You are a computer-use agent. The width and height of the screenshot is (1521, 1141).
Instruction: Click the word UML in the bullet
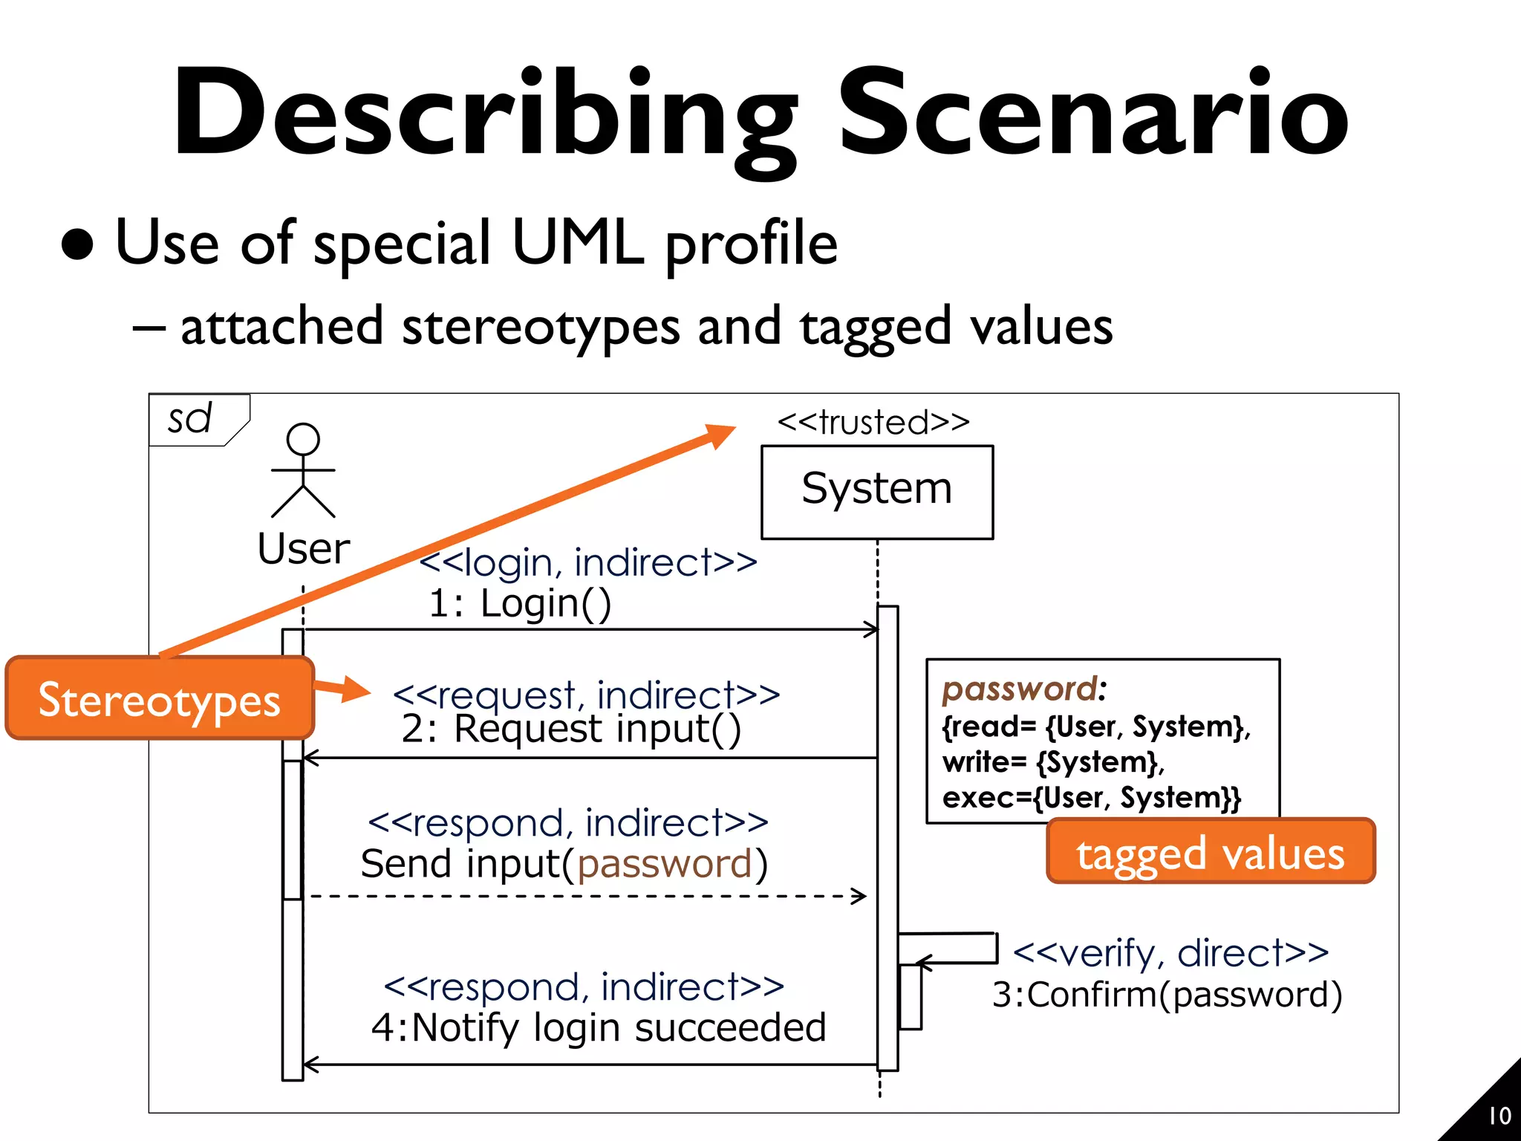click(577, 243)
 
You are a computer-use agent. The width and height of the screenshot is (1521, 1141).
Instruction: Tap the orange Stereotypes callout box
click(160, 698)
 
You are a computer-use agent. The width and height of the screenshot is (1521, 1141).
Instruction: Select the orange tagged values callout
click(1211, 852)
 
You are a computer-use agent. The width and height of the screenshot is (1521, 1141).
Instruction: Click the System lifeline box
click(877, 491)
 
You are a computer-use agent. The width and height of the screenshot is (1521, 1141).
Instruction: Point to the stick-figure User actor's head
click(303, 439)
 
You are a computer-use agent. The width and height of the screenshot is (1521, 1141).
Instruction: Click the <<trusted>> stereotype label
click(873, 422)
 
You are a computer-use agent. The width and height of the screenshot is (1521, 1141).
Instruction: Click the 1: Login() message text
click(520, 602)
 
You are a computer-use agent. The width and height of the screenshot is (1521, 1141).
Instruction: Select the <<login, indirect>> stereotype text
click(588, 562)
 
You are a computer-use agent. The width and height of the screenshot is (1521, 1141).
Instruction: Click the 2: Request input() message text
click(571, 729)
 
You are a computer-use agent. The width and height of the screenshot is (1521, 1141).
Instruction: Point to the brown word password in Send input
click(665, 864)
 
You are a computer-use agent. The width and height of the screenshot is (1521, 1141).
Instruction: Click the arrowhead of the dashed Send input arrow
click(862, 896)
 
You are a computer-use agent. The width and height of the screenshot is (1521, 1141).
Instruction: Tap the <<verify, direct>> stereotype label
click(1171, 953)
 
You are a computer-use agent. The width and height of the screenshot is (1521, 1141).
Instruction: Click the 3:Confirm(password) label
click(1167, 994)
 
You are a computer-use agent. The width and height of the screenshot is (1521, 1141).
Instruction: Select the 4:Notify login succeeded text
click(599, 1028)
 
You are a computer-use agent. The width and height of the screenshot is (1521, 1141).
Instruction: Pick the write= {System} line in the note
click(1052, 761)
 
